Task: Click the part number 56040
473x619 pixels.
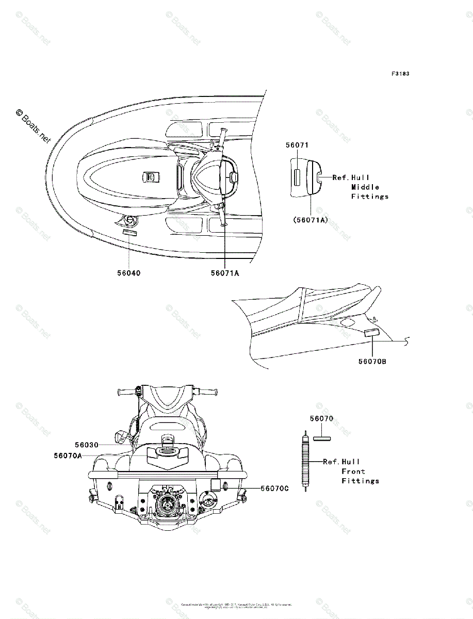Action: pyautogui.click(x=128, y=273)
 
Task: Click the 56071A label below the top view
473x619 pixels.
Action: pyautogui.click(x=224, y=273)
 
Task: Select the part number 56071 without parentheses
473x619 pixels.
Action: pyautogui.click(x=297, y=145)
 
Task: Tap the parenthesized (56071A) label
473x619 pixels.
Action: pyautogui.click(x=311, y=219)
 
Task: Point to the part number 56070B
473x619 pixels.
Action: pyautogui.click(x=373, y=361)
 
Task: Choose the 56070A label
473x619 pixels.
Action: pyautogui.click(x=68, y=455)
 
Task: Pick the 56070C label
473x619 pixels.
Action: pyautogui.click(x=274, y=487)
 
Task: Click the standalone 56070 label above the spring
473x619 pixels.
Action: pyautogui.click(x=321, y=418)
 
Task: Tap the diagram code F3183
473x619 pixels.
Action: pyautogui.click(x=400, y=74)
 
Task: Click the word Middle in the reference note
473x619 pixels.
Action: pyautogui.click(x=365, y=187)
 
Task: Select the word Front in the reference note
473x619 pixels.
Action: pyautogui.click(x=353, y=471)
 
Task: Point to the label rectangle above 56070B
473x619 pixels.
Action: pyautogui.click(x=371, y=333)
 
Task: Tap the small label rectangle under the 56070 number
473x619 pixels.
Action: pyautogui.click(x=321, y=439)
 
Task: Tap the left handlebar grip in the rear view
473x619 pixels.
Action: pyautogui.click(x=127, y=394)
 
